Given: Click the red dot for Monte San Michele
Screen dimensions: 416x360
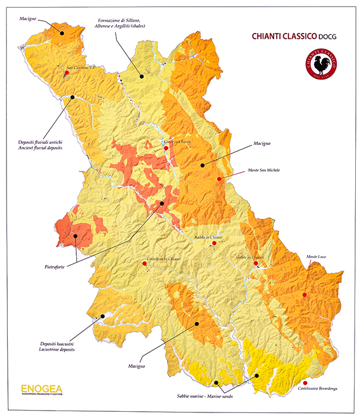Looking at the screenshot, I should point(220,179).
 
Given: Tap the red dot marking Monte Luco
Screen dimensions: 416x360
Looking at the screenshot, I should point(305,295).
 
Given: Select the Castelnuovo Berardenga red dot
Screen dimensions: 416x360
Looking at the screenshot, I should point(305,382).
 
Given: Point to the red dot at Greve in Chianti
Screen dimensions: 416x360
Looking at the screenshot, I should point(166,147).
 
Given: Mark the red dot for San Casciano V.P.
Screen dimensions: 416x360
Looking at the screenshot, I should point(66,73).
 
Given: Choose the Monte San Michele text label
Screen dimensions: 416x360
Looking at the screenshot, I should point(265,170).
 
